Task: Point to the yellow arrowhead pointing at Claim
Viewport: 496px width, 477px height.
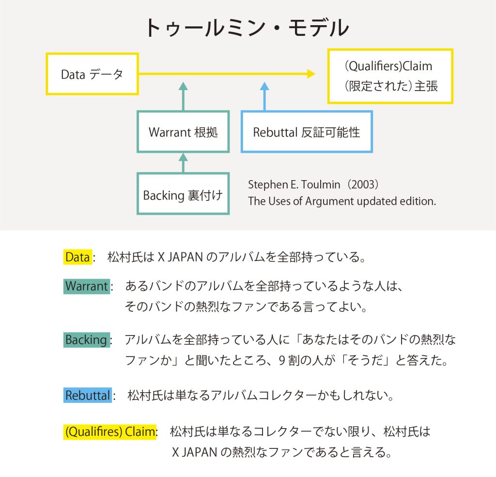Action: tap(311, 74)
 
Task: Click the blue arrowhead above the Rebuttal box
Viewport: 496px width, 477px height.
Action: tap(264, 86)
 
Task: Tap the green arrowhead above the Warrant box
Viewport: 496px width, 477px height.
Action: tap(183, 86)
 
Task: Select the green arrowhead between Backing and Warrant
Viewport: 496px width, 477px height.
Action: tap(183, 157)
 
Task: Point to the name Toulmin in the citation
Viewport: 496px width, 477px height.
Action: tap(321, 185)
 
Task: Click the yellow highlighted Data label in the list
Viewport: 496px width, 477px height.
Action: tap(78, 257)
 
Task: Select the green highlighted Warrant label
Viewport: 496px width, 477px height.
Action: tap(87, 286)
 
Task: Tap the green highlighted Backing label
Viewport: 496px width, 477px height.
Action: tap(87, 340)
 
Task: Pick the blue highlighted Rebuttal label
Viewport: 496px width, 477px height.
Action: tap(88, 395)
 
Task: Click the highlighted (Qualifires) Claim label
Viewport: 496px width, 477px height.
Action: tap(110, 432)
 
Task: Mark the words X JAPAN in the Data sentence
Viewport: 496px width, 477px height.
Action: tap(180, 257)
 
